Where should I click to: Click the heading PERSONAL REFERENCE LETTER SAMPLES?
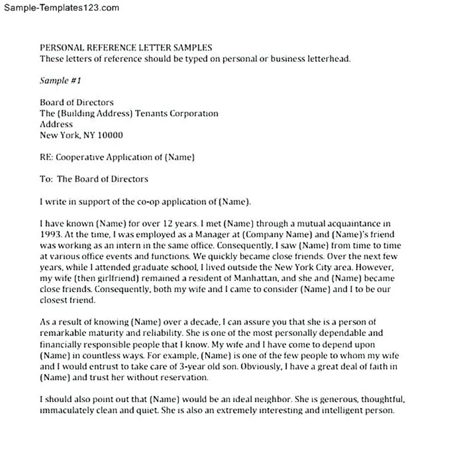click(126, 48)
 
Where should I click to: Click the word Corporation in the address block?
click(194, 113)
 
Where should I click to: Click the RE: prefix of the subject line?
click(46, 157)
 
